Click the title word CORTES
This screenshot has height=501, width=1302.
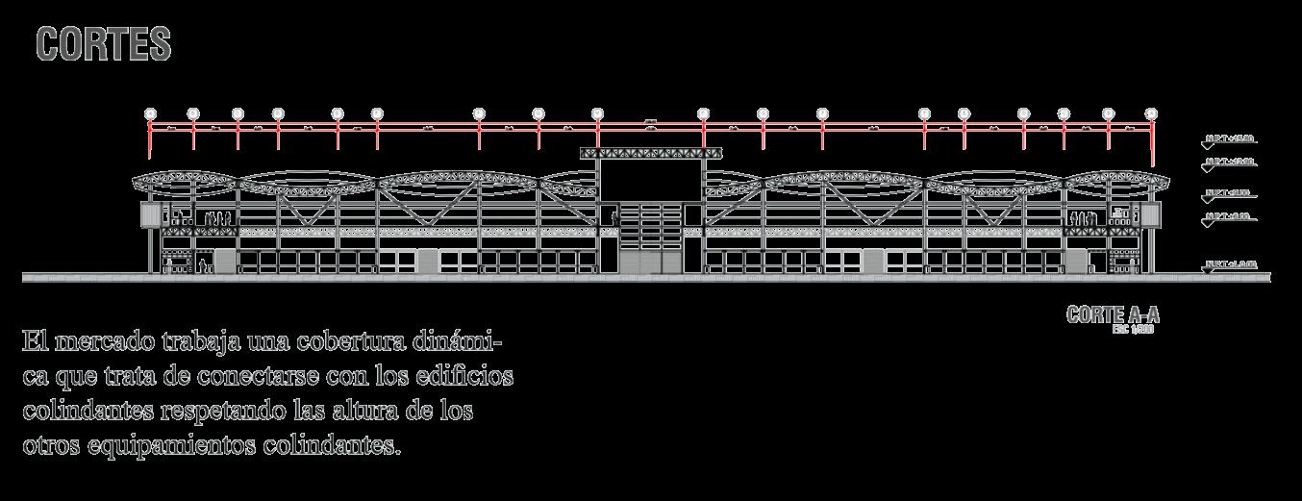point(104,44)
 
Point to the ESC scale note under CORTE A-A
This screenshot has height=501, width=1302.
point(1132,329)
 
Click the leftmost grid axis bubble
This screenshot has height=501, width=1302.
point(150,113)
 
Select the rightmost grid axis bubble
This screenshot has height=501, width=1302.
point(1151,113)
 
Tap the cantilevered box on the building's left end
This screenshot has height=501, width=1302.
point(150,214)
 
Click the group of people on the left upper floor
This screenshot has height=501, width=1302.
point(219,219)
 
